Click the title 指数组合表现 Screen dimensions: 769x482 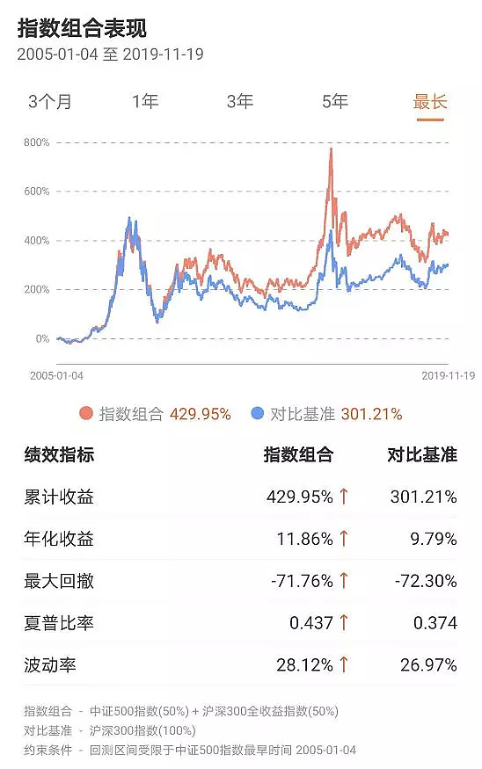[x=82, y=28]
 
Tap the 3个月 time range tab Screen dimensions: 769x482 [x=50, y=101]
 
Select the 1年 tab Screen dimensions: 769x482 [x=145, y=101]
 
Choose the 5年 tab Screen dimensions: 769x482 [x=335, y=101]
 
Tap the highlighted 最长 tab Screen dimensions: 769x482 [x=430, y=101]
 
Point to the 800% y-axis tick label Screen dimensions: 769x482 [x=36, y=142]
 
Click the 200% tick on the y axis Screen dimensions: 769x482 [x=36, y=290]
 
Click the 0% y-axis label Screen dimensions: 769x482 [x=42, y=339]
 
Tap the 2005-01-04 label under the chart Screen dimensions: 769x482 [x=57, y=375]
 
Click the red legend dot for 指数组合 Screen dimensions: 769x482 [x=85, y=414]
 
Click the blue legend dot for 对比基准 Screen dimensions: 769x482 [x=257, y=414]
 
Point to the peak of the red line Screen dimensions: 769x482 [x=331, y=150]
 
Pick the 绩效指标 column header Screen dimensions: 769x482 [x=59, y=455]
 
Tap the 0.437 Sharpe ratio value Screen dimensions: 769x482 [x=311, y=623]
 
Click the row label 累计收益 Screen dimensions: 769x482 [x=59, y=497]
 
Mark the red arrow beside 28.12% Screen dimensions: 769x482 [x=344, y=665]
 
